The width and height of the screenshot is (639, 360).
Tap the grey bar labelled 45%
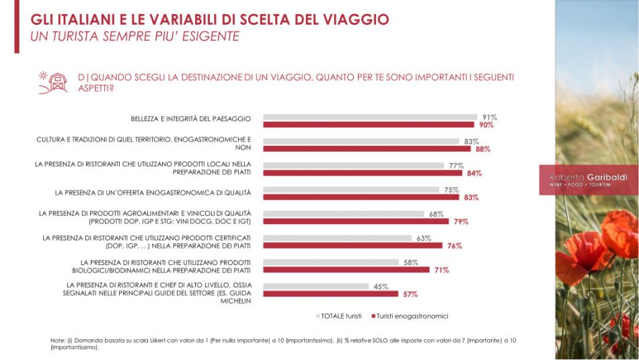(315, 287)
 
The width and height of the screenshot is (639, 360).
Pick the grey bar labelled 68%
(343, 214)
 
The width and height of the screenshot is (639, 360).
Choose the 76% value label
(454, 246)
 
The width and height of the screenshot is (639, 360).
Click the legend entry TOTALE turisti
(340, 316)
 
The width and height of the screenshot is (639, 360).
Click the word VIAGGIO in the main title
(355, 19)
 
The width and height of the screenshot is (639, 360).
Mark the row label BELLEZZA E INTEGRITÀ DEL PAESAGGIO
(191, 119)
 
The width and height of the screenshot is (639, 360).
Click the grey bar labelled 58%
(329, 262)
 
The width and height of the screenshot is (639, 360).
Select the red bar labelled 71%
(346, 270)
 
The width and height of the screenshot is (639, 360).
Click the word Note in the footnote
(57, 340)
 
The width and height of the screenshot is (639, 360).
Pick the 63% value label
(422, 238)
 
